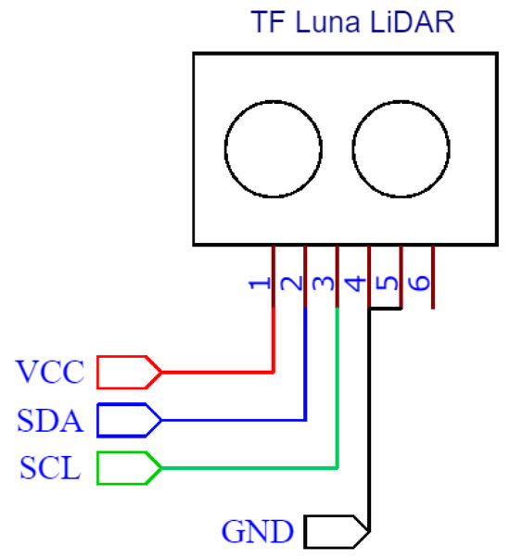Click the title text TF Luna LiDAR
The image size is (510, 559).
tap(352, 22)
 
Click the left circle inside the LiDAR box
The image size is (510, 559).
tap(274, 148)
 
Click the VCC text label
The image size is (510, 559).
tap(50, 373)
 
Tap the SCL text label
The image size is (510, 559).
tap(49, 468)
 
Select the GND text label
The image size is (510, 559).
tap(259, 532)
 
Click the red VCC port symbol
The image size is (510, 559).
tap(128, 372)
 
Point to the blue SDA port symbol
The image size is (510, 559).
tap(128, 420)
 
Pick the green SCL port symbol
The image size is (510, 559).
tap(128, 467)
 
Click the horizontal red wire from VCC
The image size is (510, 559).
tap(218, 372)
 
